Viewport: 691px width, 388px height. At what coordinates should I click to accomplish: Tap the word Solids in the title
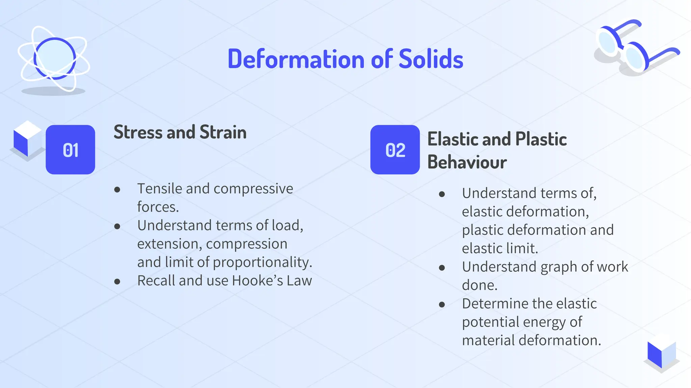431,59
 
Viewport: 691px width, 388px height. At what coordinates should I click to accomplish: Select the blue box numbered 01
71,150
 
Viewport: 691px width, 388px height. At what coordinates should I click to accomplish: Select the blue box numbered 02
395,150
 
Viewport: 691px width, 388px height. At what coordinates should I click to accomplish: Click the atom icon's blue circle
55,58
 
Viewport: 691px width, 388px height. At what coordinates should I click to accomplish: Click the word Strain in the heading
223,132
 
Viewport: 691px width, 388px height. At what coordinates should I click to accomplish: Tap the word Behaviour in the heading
467,162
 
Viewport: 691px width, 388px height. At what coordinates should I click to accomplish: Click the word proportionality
262,262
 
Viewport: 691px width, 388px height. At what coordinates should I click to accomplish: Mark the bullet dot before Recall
117,282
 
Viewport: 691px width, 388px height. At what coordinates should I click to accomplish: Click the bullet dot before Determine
442,304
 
